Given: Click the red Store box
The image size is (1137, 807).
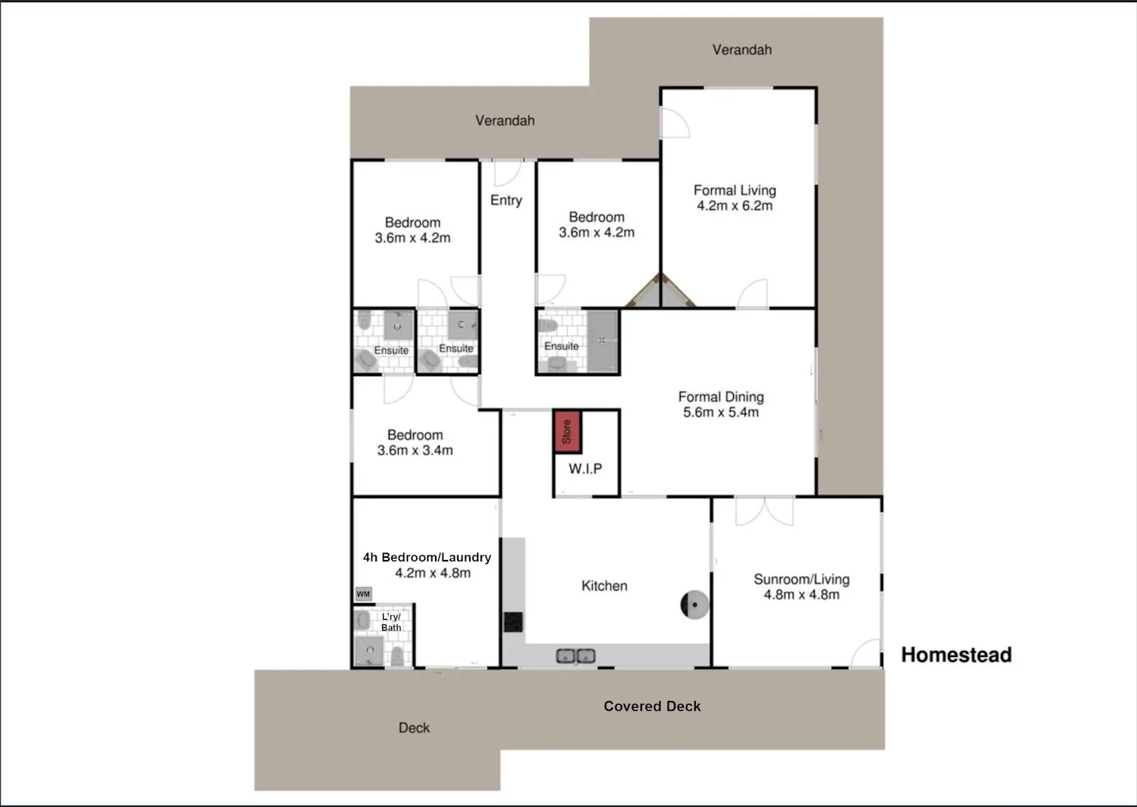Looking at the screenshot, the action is tap(567, 431).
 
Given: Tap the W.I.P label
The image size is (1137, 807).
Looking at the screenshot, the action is tap(585, 468).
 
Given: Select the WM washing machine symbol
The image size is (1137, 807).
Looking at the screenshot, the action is tap(363, 594).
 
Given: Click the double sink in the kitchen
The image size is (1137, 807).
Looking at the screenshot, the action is tap(575, 656).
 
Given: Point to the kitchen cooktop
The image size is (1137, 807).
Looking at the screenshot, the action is tap(513, 622).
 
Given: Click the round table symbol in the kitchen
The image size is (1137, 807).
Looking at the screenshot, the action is tap(694, 605).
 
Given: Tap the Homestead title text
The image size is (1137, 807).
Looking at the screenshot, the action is tap(957, 655).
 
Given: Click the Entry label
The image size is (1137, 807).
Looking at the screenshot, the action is tap(506, 201).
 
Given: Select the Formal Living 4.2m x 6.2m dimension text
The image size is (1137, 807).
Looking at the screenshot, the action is tap(735, 205).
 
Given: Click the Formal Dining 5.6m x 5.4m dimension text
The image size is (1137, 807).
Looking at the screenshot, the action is tap(721, 412).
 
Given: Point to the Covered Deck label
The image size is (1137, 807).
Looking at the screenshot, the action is tap(652, 706).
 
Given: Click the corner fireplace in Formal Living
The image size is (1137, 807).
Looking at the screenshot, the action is tap(660, 292).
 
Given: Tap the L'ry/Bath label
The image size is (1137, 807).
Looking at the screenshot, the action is tap(391, 622).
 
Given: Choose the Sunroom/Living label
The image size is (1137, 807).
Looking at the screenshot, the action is tap(801, 579).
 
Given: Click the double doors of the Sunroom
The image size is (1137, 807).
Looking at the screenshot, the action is tap(764, 511).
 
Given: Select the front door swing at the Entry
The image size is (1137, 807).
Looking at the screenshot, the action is tap(508, 174).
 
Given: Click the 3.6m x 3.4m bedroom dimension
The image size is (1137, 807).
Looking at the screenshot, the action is tap(415, 450).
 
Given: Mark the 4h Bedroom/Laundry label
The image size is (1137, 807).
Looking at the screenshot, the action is tap(427, 557).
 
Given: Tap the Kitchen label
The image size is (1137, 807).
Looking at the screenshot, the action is tap(604, 586).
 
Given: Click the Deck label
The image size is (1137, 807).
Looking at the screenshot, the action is tap(414, 728).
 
